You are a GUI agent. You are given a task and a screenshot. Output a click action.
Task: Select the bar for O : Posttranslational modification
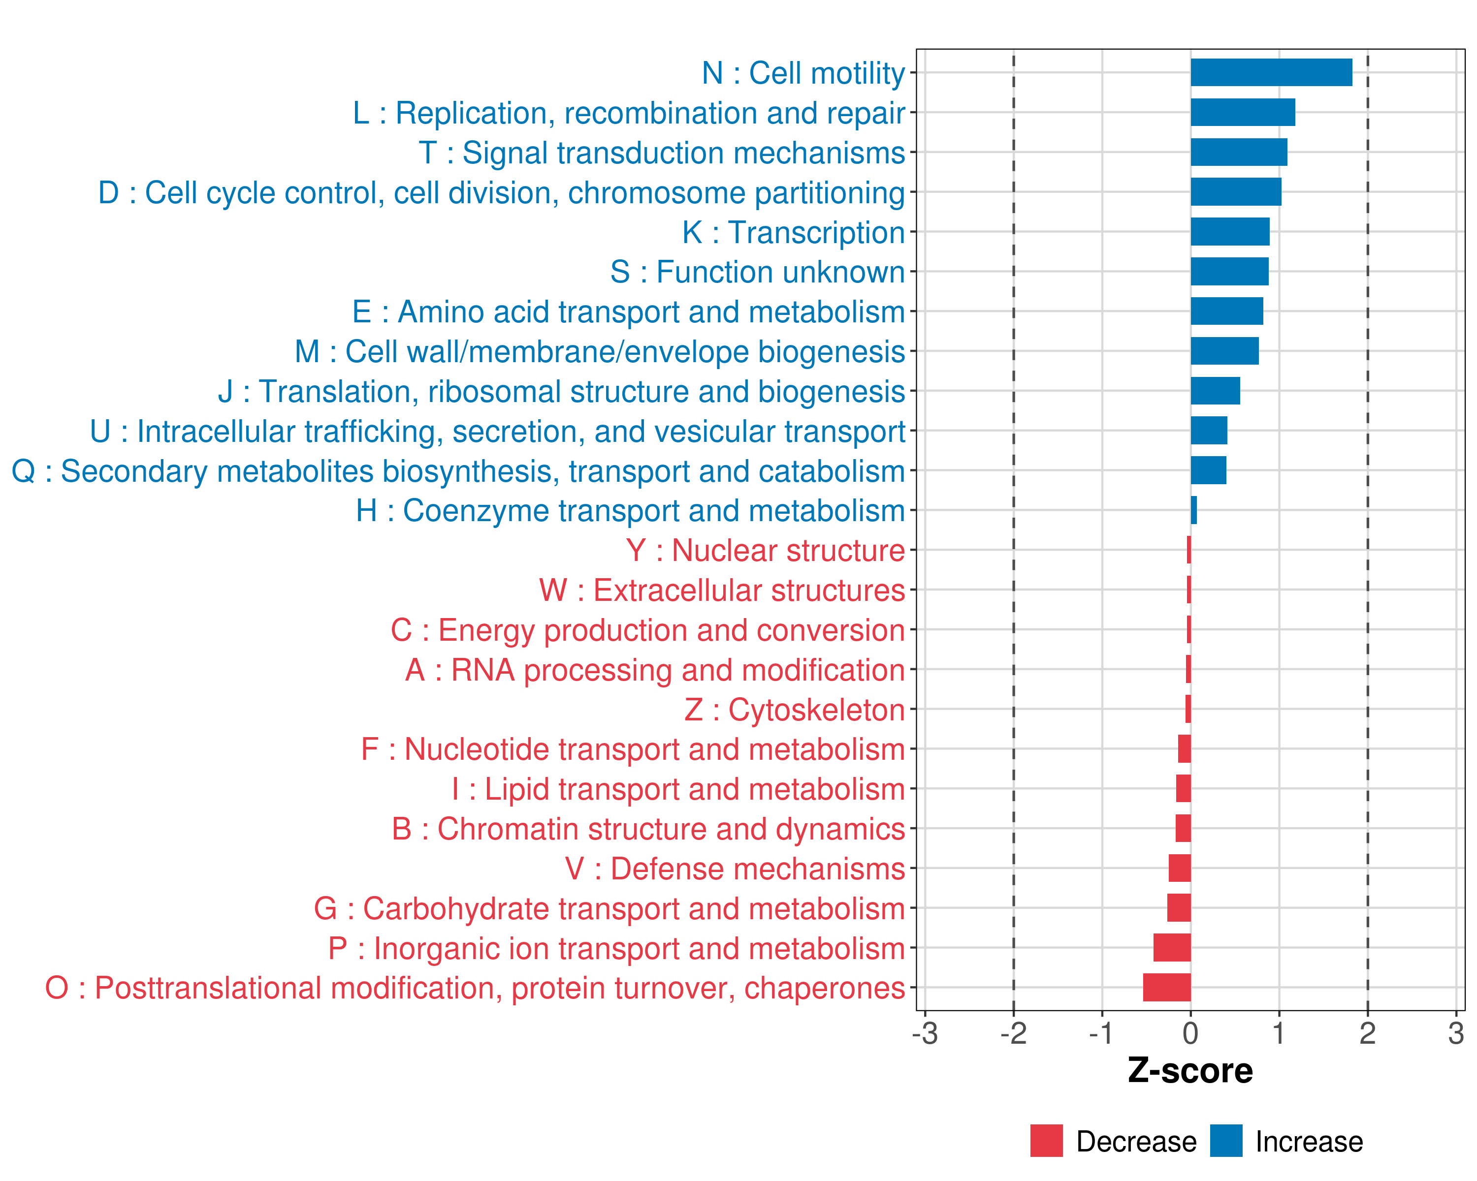pyautogui.click(x=1167, y=987)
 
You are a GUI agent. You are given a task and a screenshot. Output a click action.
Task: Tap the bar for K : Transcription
pyautogui.click(x=1230, y=231)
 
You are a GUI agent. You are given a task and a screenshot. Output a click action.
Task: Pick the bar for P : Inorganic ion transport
pyautogui.click(x=1172, y=948)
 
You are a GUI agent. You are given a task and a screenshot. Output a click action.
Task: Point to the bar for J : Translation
pyautogui.click(x=1215, y=391)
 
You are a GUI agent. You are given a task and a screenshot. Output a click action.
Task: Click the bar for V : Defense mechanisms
pyautogui.click(x=1180, y=868)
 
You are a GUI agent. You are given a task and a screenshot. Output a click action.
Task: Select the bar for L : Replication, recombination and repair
pyautogui.click(x=1243, y=112)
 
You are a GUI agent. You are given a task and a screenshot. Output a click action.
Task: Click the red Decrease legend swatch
pyautogui.click(x=1046, y=1141)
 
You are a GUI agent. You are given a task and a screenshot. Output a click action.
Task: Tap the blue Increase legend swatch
pyautogui.click(x=1225, y=1141)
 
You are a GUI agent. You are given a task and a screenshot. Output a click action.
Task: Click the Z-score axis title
pyautogui.click(x=1190, y=1071)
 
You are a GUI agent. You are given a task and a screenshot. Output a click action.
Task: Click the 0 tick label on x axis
pyautogui.click(x=1190, y=1033)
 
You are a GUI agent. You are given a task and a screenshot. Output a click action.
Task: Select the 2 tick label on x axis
pyautogui.click(x=1367, y=1033)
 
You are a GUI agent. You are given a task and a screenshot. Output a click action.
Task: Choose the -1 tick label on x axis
pyautogui.click(x=1101, y=1033)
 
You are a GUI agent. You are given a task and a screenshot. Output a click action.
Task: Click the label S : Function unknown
pyautogui.click(x=757, y=272)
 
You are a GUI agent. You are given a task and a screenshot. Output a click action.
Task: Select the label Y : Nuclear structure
pyautogui.click(x=765, y=551)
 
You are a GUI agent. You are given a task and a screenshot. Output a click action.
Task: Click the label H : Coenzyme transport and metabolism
pyautogui.click(x=630, y=511)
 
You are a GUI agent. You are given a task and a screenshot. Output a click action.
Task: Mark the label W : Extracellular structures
pyautogui.click(x=722, y=590)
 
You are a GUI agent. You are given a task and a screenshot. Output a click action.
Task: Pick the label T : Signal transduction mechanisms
pyautogui.click(x=662, y=153)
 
